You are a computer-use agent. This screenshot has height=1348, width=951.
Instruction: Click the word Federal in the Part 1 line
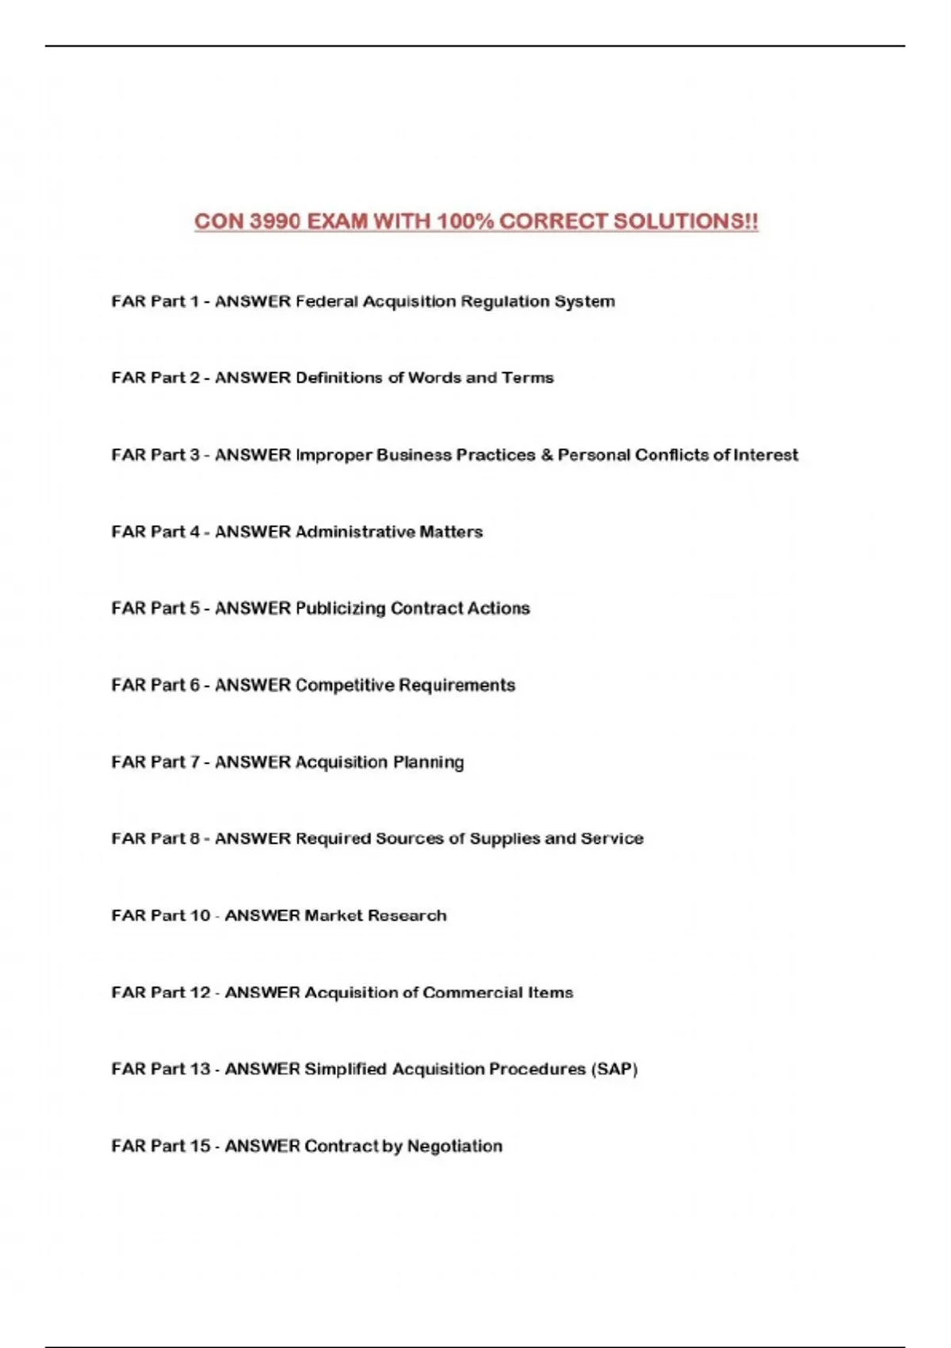click(x=326, y=301)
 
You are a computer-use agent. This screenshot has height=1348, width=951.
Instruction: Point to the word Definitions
click(x=339, y=377)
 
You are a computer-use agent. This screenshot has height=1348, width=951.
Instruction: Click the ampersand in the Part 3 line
click(x=546, y=455)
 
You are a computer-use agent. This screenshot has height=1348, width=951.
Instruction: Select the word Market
click(x=333, y=916)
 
